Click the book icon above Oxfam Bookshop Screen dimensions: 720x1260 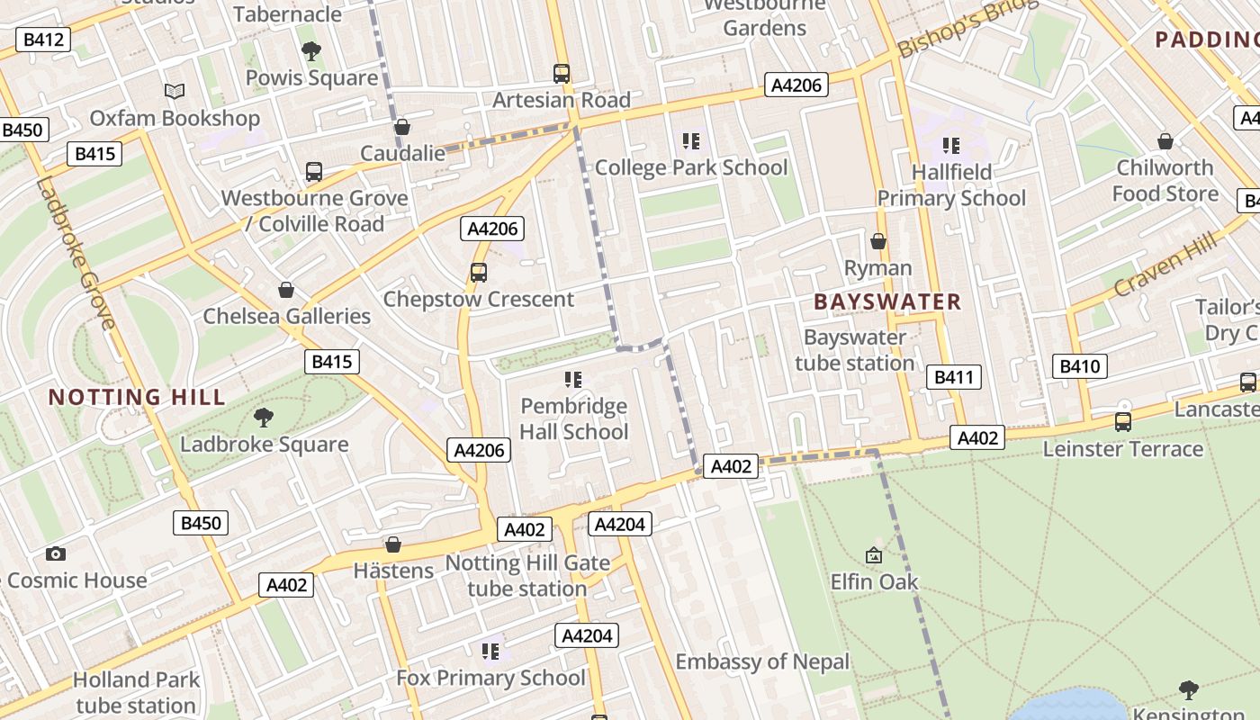(x=175, y=91)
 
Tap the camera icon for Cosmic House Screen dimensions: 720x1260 (x=56, y=553)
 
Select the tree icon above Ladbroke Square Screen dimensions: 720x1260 (x=264, y=417)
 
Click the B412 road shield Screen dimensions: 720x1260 (x=43, y=40)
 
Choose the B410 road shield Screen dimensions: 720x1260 (x=1079, y=366)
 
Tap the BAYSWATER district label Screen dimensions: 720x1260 (x=887, y=301)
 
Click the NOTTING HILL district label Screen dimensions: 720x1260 (x=137, y=397)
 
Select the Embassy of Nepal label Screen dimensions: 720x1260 (x=762, y=661)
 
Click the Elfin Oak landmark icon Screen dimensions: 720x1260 (x=874, y=555)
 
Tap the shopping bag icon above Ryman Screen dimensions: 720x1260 (x=878, y=241)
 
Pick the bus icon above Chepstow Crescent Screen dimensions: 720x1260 (x=479, y=272)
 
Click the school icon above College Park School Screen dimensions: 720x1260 (x=691, y=140)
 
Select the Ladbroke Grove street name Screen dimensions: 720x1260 (x=76, y=254)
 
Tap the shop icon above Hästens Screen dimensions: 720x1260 (x=393, y=544)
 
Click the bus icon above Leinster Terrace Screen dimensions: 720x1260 (x=1122, y=421)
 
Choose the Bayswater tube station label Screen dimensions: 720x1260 (x=855, y=350)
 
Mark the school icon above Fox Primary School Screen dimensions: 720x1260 (x=490, y=651)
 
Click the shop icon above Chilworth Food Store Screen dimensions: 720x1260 (x=1165, y=141)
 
